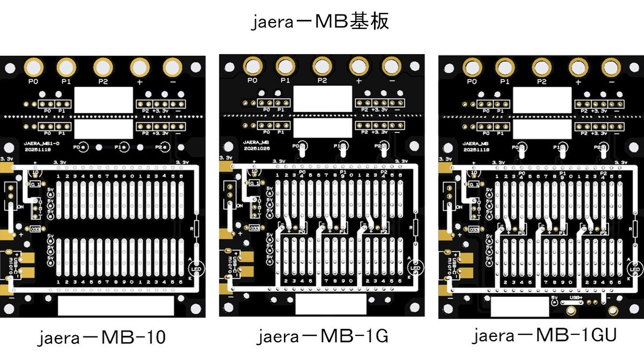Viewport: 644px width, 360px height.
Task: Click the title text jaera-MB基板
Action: [x=321, y=22]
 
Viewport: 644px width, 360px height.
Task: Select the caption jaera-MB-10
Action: [x=102, y=338]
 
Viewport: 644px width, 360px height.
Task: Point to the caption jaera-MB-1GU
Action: [x=545, y=336]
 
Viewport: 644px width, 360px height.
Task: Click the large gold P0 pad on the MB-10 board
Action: [x=33, y=68]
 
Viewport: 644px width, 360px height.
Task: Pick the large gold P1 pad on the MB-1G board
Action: [x=285, y=67]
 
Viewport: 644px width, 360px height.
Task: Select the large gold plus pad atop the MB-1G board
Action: [x=358, y=67]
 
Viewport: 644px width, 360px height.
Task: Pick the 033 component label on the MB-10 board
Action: [x=35, y=229]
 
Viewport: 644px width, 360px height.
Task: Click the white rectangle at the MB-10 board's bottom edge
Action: [x=115, y=306]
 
